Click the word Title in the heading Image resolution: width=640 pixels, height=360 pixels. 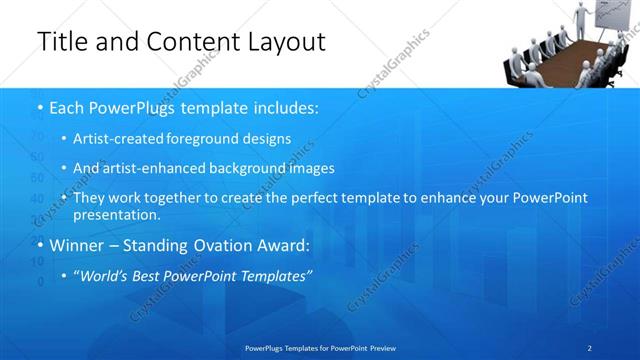pyautogui.click(x=60, y=42)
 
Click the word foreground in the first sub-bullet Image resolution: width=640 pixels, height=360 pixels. pyautogui.click(x=224, y=138)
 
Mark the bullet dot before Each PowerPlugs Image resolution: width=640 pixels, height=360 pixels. pyautogui.click(x=39, y=106)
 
